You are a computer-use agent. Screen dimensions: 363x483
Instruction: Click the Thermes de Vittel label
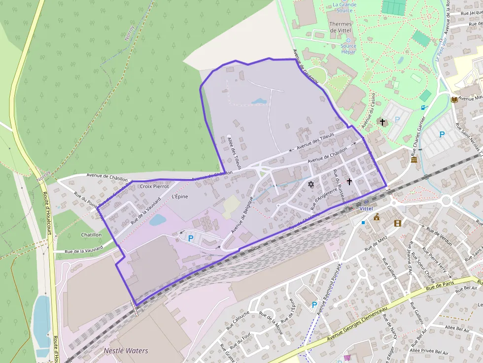pyautogui.click(x=340, y=27)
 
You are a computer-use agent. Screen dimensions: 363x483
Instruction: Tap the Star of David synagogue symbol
pyautogui.click(x=310, y=184)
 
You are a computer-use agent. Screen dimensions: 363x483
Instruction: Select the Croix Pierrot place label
pyautogui.click(x=154, y=186)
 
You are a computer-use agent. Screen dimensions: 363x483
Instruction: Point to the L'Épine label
pyautogui.click(x=180, y=197)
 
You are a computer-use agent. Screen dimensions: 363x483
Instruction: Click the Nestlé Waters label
pyautogui.click(x=126, y=351)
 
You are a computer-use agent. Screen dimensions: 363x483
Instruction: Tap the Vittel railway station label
pyautogui.click(x=366, y=209)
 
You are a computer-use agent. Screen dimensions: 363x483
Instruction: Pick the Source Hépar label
pyautogui.click(x=348, y=49)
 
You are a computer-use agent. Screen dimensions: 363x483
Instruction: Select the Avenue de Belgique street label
pyautogui.click(x=242, y=215)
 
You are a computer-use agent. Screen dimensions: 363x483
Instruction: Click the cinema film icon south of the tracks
pyautogui.click(x=398, y=223)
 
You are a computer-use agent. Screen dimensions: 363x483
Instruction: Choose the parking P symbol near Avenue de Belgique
pyautogui.click(x=191, y=238)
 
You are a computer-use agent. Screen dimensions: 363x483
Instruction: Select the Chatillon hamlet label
pyautogui.click(x=91, y=235)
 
